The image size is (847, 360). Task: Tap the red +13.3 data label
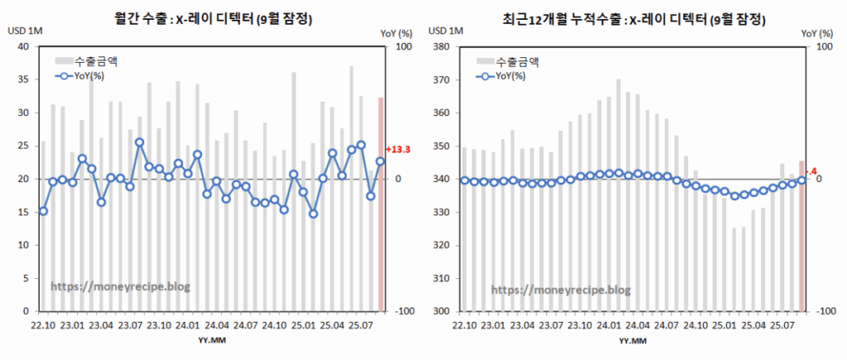point(398,150)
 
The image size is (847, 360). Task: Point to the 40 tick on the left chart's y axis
point(22,46)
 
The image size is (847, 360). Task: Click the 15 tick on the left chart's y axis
point(22,212)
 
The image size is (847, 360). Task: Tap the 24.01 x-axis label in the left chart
point(189,325)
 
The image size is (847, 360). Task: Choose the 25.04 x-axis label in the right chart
point(748,325)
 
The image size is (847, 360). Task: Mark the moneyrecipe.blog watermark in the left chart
point(121,286)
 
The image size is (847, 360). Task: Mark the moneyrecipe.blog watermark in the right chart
point(561,290)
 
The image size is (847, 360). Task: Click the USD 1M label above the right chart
point(444,31)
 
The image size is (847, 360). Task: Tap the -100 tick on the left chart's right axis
point(404,311)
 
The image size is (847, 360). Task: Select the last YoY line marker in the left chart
point(380,161)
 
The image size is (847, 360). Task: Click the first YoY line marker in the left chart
point(43,211)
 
